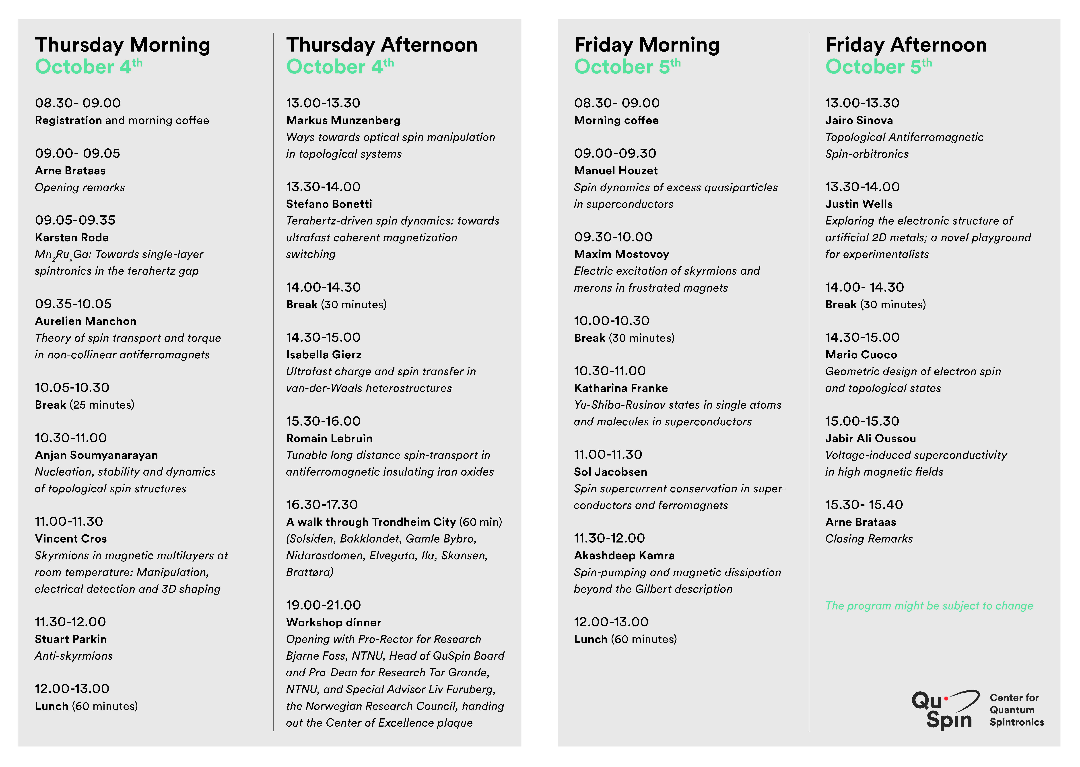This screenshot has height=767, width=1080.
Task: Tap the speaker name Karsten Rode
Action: pyautogui.click(x=72, y=238)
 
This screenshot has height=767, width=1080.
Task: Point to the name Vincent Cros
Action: pyautogui.click(x=71, y=539)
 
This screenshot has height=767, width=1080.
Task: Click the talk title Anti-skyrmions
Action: pyautogui.click(x=74, y=656)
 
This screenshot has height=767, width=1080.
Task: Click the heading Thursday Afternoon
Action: pyautogui.click(x=381, y=45)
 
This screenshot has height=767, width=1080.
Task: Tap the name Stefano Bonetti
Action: pyautogui.click(x=329, y=204)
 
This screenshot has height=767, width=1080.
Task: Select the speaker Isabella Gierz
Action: pyautogui.click(x=324, y=355)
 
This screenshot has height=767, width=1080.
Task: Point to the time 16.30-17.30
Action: pyautogui.click(x=322, y=505)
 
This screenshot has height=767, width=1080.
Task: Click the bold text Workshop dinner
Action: pyautogui.click(x=333, y=622)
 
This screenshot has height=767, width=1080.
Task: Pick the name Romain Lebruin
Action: pyautogui.click(x=329, y=438)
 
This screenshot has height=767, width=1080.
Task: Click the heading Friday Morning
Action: pyautogui.click(x=647, y=45)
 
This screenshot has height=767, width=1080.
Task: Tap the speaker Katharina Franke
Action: pyautogui.click(x=621, y=388)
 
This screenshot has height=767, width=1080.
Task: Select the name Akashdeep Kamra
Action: pyautogui.click(x=624, y=555)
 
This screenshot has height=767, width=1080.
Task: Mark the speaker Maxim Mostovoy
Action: pyautogui.click(x=621, y=255)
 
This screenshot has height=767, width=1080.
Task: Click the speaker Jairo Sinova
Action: pyautogui.click(x=859, y=121)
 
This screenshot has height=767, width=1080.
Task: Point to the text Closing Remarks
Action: pyautogui.click(x=869, y=539)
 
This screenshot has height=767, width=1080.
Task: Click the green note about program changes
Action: pyautogui.click(x=928, y=606)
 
